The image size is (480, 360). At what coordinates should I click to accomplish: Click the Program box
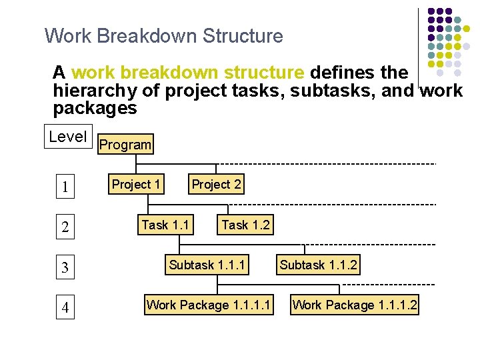(125, 145)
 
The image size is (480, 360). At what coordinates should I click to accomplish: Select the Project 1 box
(136, 185)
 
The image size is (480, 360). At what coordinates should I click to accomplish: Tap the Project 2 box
(217, 185)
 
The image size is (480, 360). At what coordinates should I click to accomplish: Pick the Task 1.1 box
(165, 225)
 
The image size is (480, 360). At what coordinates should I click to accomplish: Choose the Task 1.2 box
(245, 225)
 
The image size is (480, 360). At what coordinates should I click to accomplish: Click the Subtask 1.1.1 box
(207, 265)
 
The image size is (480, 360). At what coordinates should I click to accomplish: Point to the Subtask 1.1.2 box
(319, 265)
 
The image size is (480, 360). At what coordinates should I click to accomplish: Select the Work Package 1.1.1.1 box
(209, 305)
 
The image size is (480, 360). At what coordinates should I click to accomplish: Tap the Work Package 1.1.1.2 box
(355, 305)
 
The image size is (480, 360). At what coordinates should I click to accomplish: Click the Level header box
(68, 137)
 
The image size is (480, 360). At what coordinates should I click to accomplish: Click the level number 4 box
(65, 309)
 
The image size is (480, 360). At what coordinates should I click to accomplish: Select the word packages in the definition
(95, 108)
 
